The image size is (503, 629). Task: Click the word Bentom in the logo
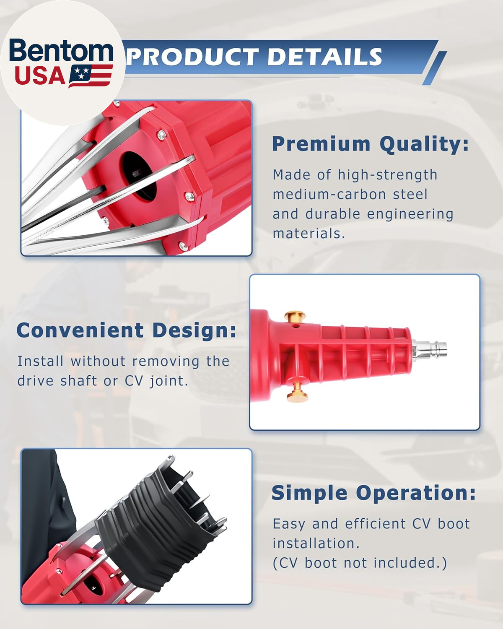click(61, 52)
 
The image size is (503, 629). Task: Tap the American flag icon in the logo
click(91, 76)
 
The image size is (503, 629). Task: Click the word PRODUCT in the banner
click(192, 57)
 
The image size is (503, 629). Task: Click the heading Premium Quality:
click(370, 144)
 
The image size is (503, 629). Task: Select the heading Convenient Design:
click(126, 330)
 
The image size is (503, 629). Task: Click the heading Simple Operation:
click(373, 493)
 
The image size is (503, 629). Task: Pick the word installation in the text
click(316, 543)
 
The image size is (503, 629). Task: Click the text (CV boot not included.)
click(360, 563)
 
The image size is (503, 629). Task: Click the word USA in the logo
click(40, 76)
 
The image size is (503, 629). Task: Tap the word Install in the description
click(40, 361)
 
